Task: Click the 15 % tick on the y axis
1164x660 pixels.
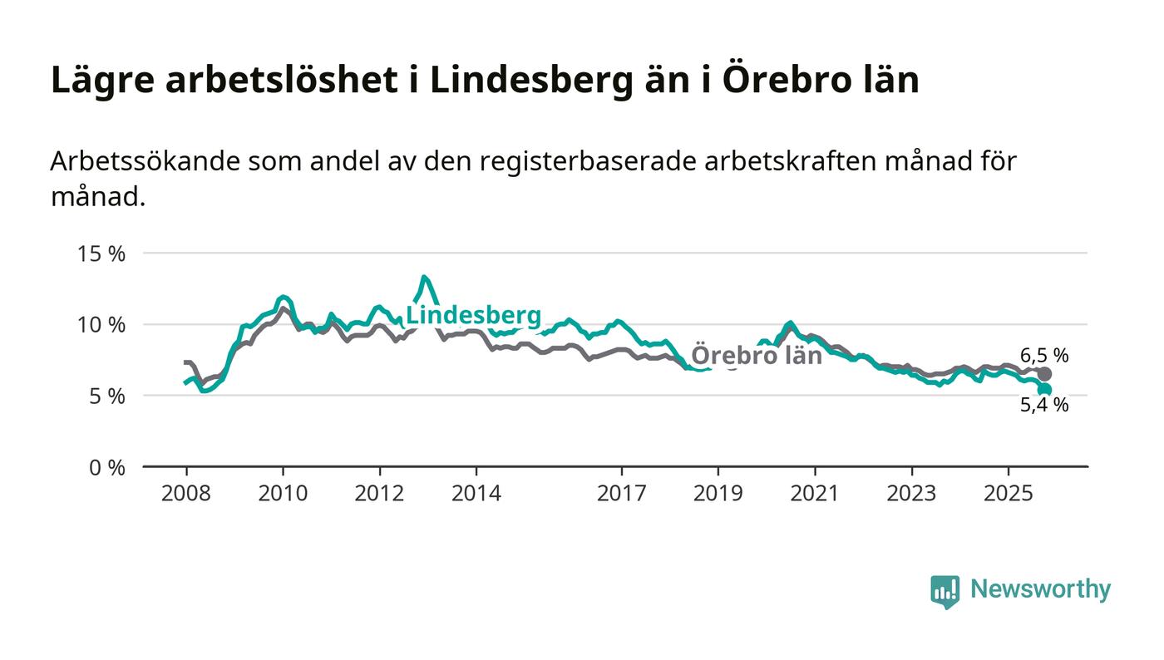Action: pyautogui.click(x=101, y=254)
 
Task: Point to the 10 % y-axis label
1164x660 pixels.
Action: pyautogui.click(x=101, y=324)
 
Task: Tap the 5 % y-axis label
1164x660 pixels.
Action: pyautogui.click(x=106, y=396)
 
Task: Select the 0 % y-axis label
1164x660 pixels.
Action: pyautogui.click(x=106, y=468)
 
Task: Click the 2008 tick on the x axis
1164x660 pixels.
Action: pyautogui.click(x=186, y=493)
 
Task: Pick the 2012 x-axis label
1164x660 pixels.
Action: pyautogui.click(x=379, y=493)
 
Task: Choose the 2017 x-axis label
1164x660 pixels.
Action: pyautogui.click(x=621, y=493)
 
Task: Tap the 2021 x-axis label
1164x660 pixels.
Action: pyautogui.click(x=814, y=493)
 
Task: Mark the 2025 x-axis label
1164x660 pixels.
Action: pyautogui.click(x=1008, y=493)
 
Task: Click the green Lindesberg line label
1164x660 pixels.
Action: pyautogui.click(x=473, y=316)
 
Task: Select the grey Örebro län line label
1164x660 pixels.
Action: pyautogui.click(x=757, y=356)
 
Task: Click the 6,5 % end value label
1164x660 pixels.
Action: pyautogui.click(x=1044, y=356)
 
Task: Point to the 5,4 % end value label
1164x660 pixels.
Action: pyautogui.click(x=1044, y=406)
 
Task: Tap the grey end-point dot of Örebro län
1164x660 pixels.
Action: pyautogui.click(x=1045, y=374)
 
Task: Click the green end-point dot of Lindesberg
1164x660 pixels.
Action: pyautogui.click(x=1045, y=389)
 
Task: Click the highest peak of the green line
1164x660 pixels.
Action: pyautogui.click(x=424, y=278)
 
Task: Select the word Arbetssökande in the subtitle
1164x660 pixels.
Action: pyautogui.click(x=144, y=161)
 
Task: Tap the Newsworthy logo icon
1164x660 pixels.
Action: pyautogui.click(x=945, y=591)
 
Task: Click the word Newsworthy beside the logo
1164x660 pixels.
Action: pyautogui.click(x=1040, y=589)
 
